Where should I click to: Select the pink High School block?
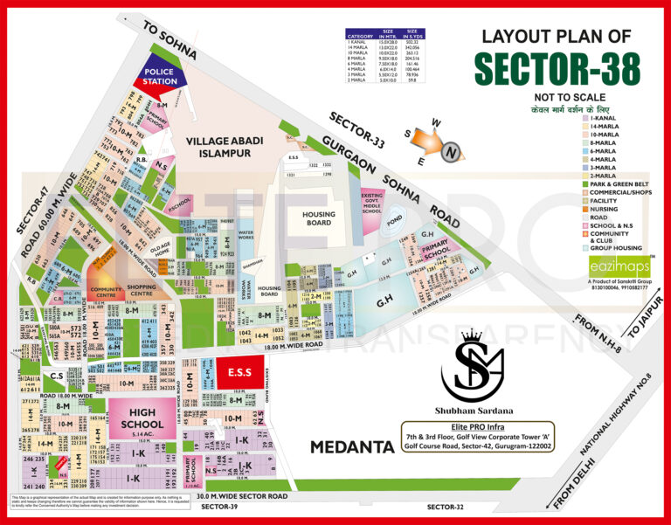click(142, 418)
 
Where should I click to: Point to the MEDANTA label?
click(352, 447)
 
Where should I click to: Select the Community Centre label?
click(107, 290)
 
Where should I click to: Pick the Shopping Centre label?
click(141, 290)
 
